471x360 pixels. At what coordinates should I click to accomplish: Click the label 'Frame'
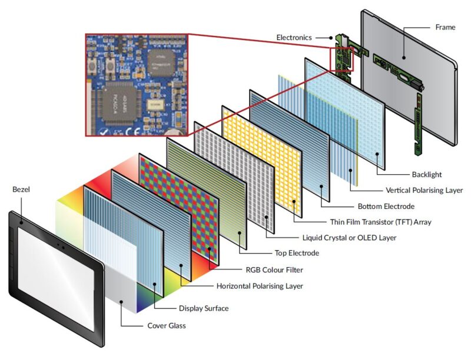click(x=445, y=27)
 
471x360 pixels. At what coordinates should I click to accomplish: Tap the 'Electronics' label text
click(x=294, y=38)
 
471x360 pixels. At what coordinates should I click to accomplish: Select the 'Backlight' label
click(x=427, y=175)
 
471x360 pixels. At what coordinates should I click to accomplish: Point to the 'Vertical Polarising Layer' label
click(x=424, y=190)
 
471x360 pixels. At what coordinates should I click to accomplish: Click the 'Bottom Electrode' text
click(x=386, y=206)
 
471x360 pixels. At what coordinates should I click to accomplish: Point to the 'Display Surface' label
click(x=203, y=308)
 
